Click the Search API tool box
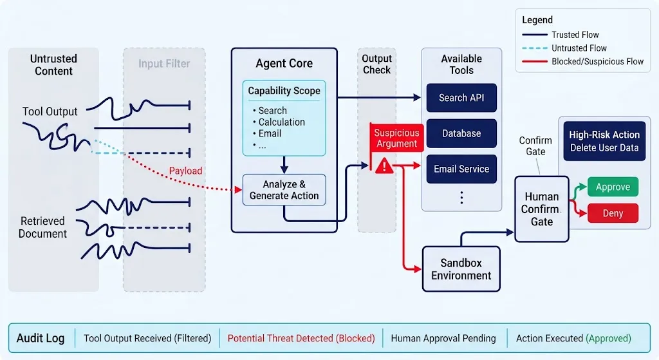click(461, 98)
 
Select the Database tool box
click(461, 133)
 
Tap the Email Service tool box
click(461, 169)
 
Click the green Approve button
click(613, 187)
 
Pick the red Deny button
click(613, 213)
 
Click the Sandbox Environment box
click(461, 269)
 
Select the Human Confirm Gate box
click(542, 209)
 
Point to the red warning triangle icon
click(384, 166)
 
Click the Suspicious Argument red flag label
click(396, 138)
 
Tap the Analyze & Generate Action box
click(284, 190)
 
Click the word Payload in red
click(185, 171)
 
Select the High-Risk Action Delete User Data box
click(604, 141)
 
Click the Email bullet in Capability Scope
click(267, 134)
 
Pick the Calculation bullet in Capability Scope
click(279, 122)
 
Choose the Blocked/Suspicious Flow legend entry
click(582, 61)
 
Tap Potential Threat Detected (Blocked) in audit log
click(301, 338)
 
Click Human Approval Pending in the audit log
click(443, 338)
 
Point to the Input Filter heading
click(164, 64)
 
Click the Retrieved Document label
click(42, 227)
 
